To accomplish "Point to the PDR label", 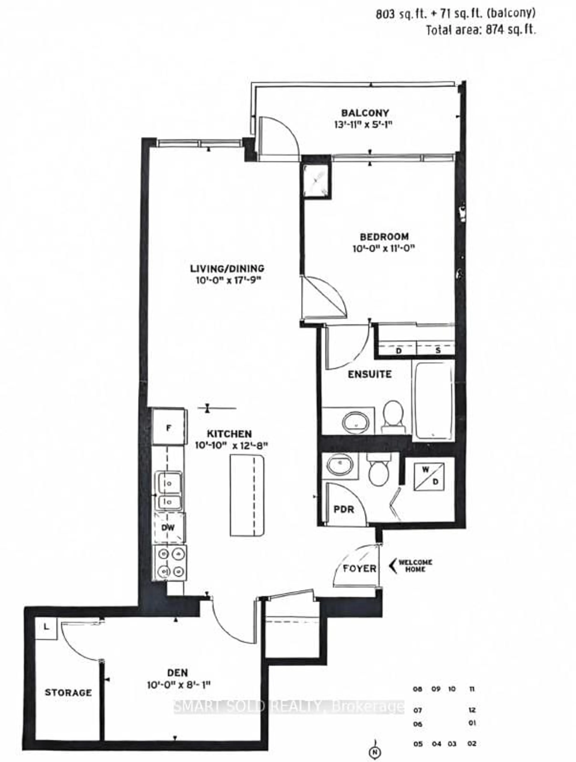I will click(343, 509).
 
